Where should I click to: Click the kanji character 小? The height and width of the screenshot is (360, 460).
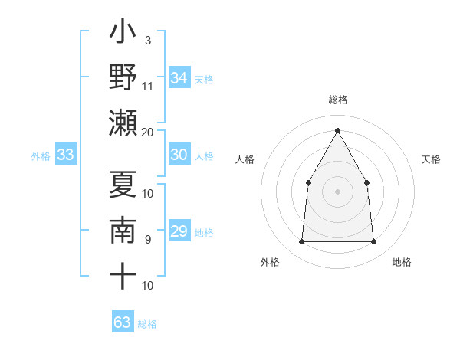click(123, 34)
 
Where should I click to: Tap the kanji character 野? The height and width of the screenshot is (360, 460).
click(123, 78)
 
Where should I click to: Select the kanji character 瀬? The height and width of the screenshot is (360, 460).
click(123, 123)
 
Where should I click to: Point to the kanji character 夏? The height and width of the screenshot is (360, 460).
click(123, 186)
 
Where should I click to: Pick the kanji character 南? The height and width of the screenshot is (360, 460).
click(123, 231)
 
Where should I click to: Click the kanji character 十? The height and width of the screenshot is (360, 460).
click(123, 276)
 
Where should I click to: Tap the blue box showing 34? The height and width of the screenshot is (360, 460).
click(179, 78)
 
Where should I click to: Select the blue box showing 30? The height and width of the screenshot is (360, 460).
click(179, 155)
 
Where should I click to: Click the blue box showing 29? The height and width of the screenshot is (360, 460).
click(179, 231)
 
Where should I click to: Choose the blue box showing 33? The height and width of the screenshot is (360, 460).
click(66, 155)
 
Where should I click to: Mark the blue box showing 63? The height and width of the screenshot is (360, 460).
click(123, 322)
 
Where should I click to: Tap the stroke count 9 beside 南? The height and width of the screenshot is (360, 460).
click(148, 240)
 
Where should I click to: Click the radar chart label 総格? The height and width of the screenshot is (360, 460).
click(337, 100)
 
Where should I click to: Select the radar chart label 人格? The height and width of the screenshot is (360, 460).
click(245, 159)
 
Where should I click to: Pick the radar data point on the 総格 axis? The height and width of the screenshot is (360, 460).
click(337, 130)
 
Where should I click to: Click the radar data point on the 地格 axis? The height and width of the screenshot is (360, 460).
click(374, 242)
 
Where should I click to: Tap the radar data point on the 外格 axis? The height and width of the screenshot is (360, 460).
click(301, 242)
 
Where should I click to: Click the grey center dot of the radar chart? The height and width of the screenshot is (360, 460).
click(337, 191)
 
